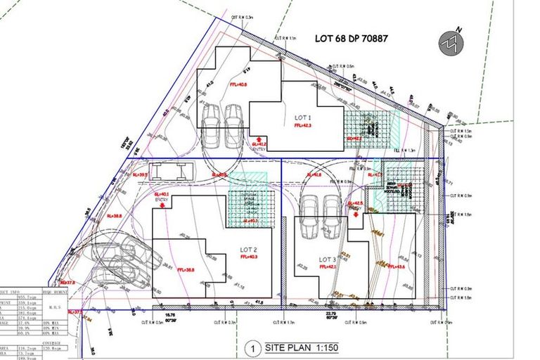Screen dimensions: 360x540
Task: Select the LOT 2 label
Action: pos(250,250)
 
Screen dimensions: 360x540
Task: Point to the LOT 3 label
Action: pos(328,259)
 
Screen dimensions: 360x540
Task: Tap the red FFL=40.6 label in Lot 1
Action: pos(238,84)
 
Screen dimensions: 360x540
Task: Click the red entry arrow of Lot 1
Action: pos(259,139)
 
